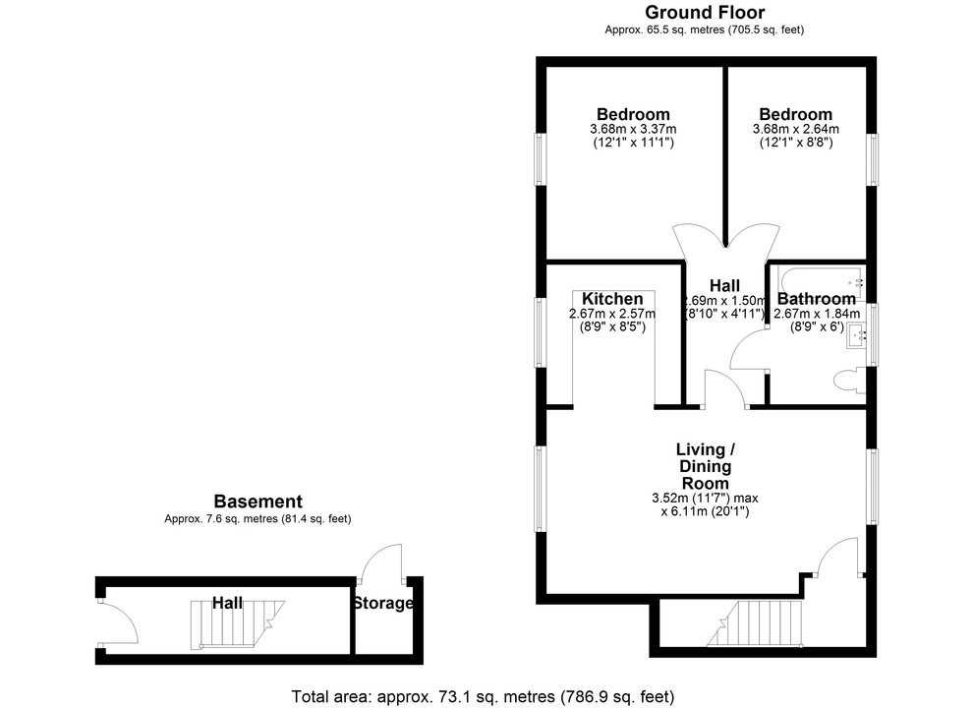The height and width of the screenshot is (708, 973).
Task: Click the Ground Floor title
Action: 704,12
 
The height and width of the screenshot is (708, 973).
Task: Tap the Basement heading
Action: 258,501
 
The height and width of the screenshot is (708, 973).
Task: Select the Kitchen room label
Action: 612,299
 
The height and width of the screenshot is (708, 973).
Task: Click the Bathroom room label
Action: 816,299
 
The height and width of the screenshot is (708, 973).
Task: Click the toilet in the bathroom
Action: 845,380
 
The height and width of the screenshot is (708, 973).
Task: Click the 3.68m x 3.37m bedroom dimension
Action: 633,129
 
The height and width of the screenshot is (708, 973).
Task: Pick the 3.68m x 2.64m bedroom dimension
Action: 795,129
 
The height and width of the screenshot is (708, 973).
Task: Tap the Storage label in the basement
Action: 382,603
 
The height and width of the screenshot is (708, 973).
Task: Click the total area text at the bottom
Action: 483,696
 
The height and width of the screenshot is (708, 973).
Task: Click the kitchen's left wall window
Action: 540,331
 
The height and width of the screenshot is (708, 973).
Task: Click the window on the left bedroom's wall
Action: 540,157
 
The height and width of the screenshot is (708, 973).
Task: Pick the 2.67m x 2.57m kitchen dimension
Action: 612,315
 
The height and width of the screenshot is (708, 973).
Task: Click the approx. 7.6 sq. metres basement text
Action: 258,519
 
